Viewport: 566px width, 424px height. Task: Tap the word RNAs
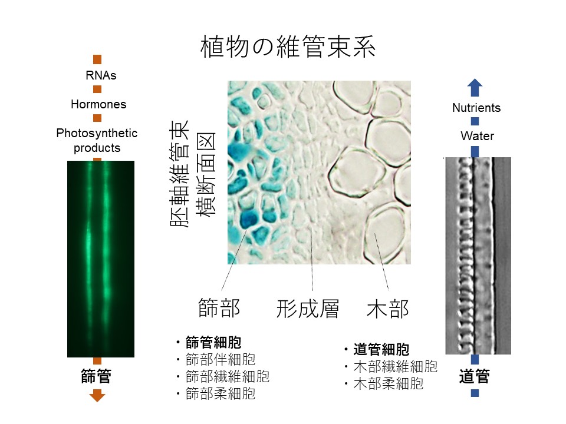[x=101, y=75]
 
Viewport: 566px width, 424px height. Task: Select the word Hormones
[x=98, y=104]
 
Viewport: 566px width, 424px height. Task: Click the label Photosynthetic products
[x=97, y=140]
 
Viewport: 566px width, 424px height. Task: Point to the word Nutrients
[x=476, y=107]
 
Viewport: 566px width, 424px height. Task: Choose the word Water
[x=477, y=136]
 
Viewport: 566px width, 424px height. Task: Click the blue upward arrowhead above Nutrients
[x=475, y=87]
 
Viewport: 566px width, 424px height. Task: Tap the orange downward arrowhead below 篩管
[x=97, y=396]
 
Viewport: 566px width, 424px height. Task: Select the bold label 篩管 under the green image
[x=96, y=376]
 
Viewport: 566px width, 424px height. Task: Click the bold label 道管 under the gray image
[x=474, y=376]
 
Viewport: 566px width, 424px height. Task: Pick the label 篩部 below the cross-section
[x=219, y=309]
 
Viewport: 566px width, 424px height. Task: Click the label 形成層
[x=308, y=309]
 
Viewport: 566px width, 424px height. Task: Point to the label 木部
[x=388, y=309]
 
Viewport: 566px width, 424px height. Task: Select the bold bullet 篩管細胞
[x=213, y=342]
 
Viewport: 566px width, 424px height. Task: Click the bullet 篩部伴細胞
[x=220, y=359]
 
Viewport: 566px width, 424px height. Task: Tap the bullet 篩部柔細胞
[x=220, y=393]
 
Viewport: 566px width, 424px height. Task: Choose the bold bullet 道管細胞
[x=381, y=349]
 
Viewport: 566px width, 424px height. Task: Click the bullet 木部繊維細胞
[x=395, y=366]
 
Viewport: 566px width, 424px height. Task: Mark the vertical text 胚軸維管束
[x=179, y=174]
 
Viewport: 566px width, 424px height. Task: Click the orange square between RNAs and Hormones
[x=97, y=89]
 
